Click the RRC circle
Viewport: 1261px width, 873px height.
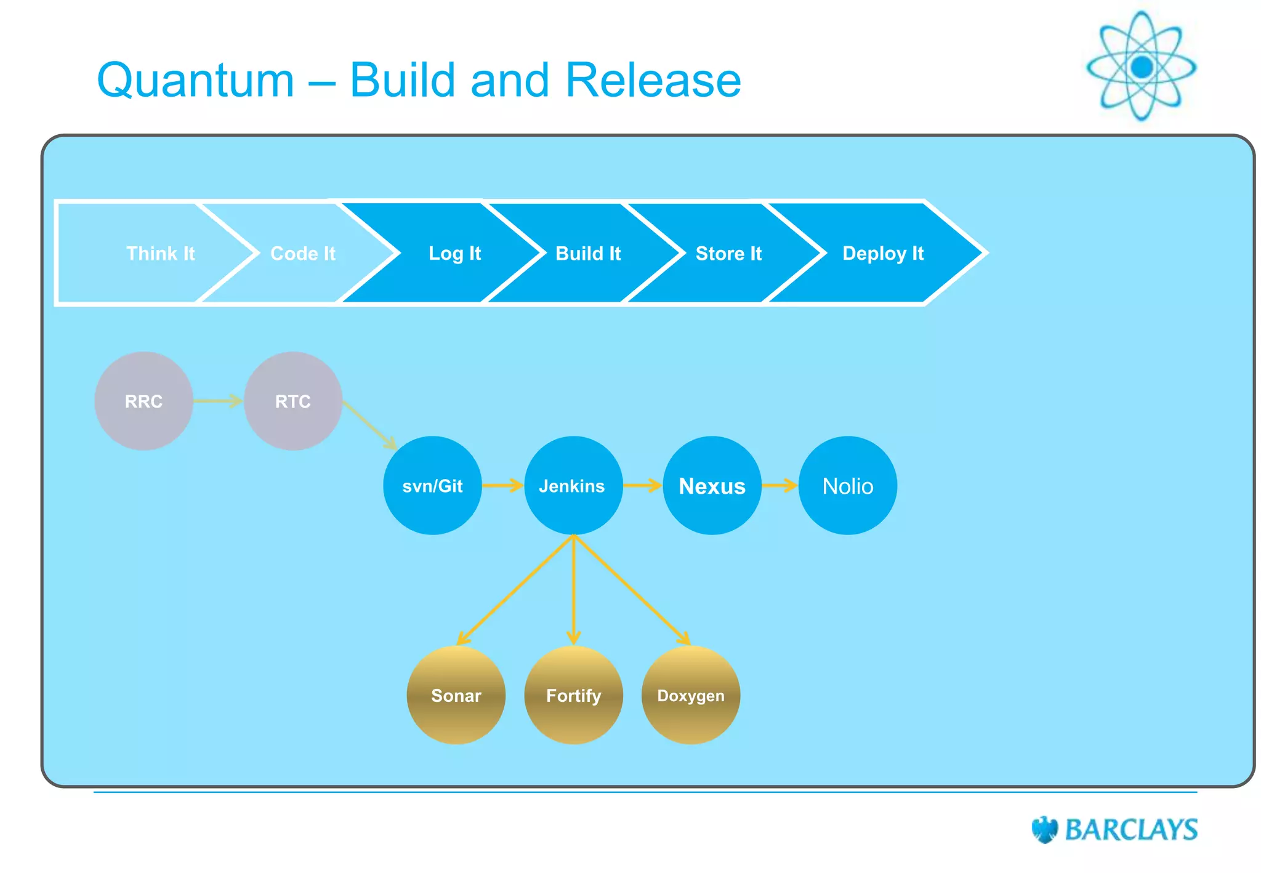pyautogui.click(x=143, y=401)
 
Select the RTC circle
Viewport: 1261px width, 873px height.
pyautogui.click(x=292, y=401)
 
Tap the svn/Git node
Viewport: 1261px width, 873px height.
pyautogui.click(x=432, y=486)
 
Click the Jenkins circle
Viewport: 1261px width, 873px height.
pyautogui.click(x=573, y=486)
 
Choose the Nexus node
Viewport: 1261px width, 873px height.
pyautogui.click(x=712, y=486)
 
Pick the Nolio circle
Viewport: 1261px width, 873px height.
pyautogui.click(x=848, y=486)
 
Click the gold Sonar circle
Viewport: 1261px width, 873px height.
pyautogui.click(x=456, y=695)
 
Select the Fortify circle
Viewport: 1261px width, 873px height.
pyautogui.click(x=573, y=695)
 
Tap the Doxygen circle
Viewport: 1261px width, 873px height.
pyautogui.click(x=691, y=695)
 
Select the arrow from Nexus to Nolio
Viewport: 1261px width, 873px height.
pyautogui.click(x=780, y=486)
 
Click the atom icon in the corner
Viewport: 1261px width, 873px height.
pyautogui.click(x=1142, y=66)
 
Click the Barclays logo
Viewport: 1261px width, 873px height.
pyautogui.click(x=1114, y=829)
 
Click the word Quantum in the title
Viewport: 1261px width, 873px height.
pyautogui.click(x=196, y=80)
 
